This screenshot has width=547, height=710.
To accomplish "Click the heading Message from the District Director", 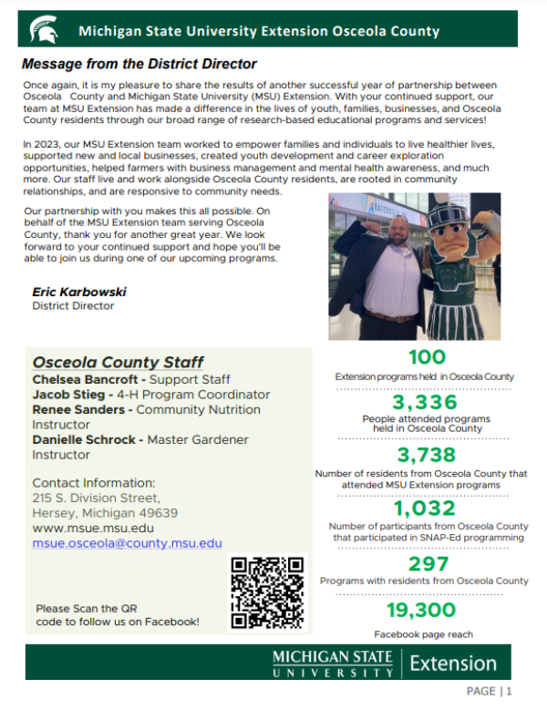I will click(139, 65).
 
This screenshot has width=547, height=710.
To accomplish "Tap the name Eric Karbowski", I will click(79, 292).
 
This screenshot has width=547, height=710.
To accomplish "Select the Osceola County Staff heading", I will click(118, 362).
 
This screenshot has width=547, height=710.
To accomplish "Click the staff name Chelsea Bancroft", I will click(85, 379).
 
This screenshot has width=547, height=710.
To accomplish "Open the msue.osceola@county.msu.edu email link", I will click(127, 543).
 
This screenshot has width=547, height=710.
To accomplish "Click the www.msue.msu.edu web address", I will click(93, 528).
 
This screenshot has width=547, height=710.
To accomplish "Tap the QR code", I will click(266, 593).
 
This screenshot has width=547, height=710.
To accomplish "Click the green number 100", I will click(427, 357).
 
